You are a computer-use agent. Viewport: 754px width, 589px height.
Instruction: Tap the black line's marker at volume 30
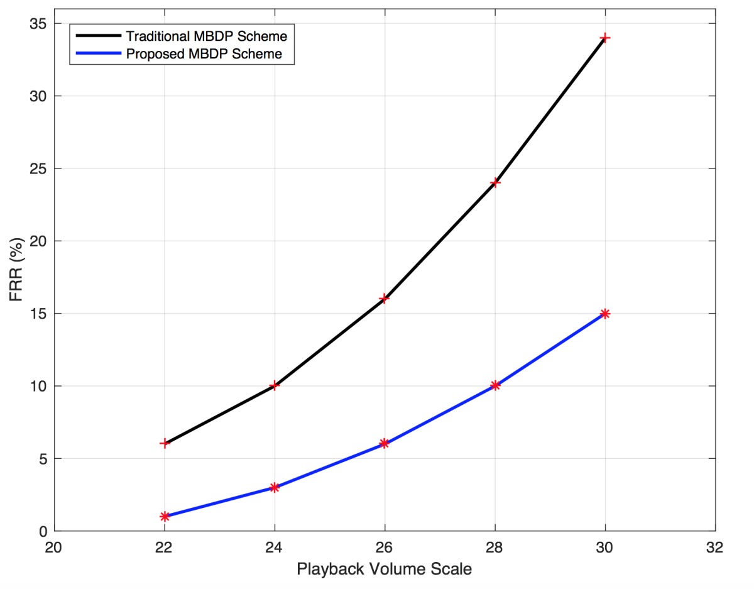605,38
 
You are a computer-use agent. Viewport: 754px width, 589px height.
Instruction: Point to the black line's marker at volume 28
495,183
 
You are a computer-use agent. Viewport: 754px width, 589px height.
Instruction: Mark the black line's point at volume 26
385,299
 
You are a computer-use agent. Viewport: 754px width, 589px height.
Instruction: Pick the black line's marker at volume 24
275,385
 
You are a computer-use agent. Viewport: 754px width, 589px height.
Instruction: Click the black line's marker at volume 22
165,443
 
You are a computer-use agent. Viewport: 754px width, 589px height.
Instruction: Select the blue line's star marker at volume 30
605,313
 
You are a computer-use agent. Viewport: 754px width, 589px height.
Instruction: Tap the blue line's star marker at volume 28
495,385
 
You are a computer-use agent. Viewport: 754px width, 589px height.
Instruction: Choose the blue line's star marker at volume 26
385,443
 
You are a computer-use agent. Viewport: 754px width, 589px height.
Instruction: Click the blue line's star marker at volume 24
275,487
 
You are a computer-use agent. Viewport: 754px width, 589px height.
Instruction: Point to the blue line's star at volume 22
165,516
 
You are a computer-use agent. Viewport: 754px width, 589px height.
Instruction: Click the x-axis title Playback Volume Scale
384,570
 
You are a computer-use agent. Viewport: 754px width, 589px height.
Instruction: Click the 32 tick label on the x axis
715,548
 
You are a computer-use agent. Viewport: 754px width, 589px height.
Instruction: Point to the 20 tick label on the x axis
55,548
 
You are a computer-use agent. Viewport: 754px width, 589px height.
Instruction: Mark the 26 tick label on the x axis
385,548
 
